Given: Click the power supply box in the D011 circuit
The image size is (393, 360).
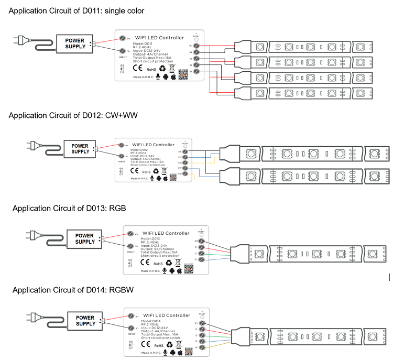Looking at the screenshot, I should click(74, 43).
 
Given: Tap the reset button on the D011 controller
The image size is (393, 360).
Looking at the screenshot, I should click(196, 39).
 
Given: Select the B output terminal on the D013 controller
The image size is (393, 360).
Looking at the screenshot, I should click(201, 259).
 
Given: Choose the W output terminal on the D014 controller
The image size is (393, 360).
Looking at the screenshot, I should click(201, 347).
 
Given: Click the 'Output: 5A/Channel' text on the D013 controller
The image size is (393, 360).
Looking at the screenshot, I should click(160, 248).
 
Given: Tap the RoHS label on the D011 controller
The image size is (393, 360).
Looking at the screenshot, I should click(151, 69).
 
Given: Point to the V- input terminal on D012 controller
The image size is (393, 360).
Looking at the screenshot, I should click(122, 156).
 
